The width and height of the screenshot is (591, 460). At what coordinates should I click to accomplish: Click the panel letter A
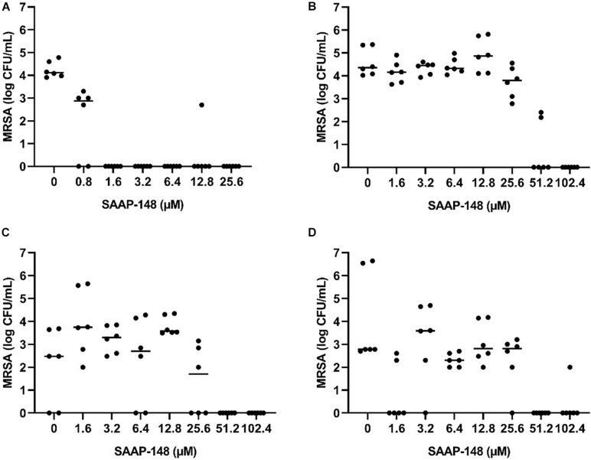5,6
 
